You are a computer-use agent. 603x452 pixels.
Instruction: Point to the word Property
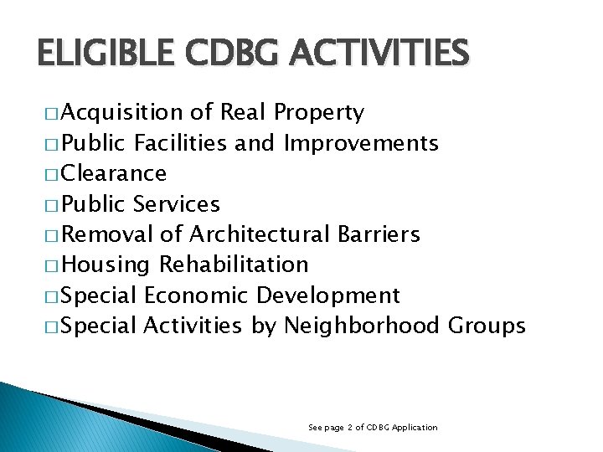(318, 113)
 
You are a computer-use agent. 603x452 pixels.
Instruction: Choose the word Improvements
(360, 144)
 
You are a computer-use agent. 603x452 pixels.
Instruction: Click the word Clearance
(114, 173)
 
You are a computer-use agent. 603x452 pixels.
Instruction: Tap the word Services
(177, 204)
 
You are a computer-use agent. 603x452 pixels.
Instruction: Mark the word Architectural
(263, 234)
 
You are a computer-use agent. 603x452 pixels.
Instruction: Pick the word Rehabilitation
(234, 265)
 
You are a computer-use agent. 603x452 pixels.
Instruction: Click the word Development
(328, 295)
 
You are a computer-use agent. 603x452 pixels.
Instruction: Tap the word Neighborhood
(362, 326)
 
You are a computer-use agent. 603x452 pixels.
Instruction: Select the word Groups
(487, 326)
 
